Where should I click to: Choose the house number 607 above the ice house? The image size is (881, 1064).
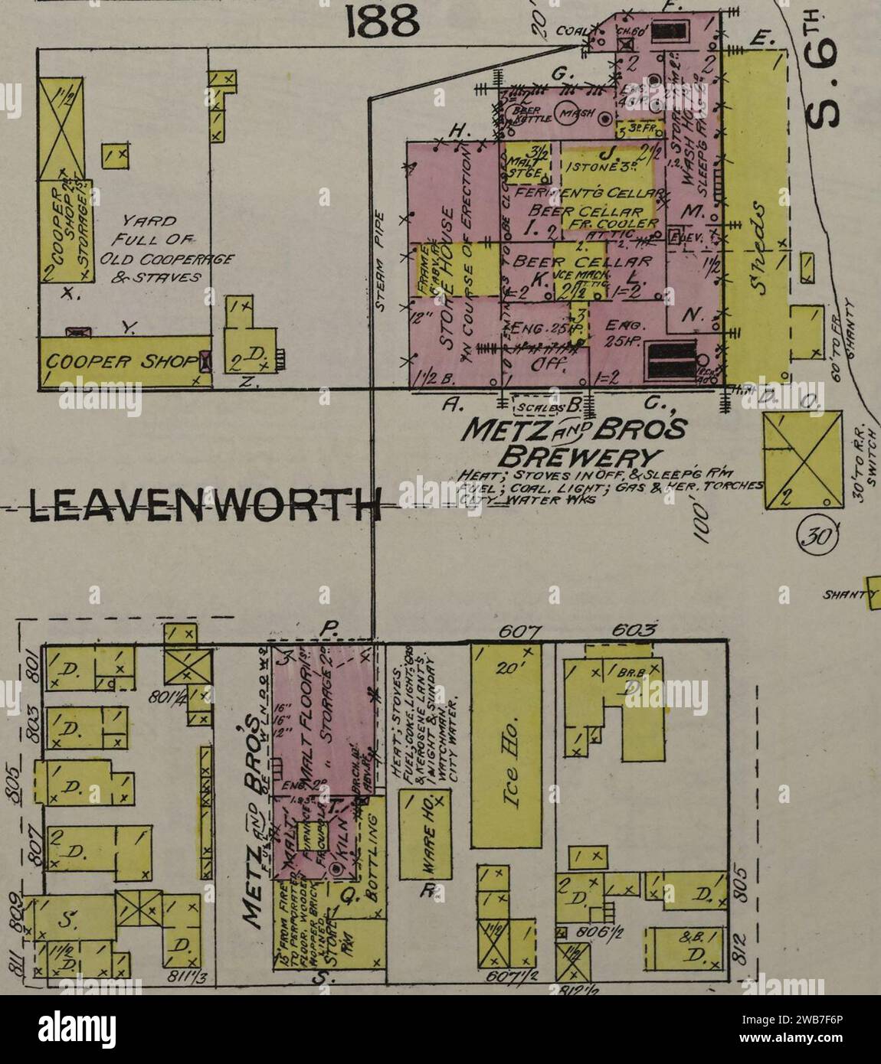519,632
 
